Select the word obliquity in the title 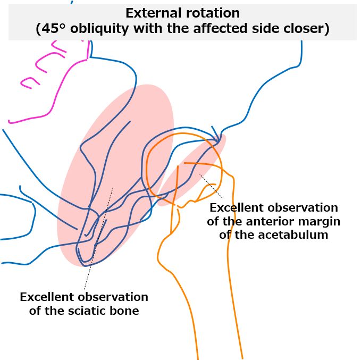pyautogui.click(x=99, y=29)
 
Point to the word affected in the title pyautogui.click(x=220, y=28)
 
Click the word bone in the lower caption pyautogui.click(x=124, y=311)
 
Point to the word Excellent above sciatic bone pyautogui.click(x=46, y=297)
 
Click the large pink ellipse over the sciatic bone pyautogui.click(x=115, y=175)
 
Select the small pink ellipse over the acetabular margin pyautogui.click(x=192, y=170)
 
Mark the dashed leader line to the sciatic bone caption pyautogui.click(x=98, y=238)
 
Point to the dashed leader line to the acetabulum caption pyautogui.click(x=211, y=186)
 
